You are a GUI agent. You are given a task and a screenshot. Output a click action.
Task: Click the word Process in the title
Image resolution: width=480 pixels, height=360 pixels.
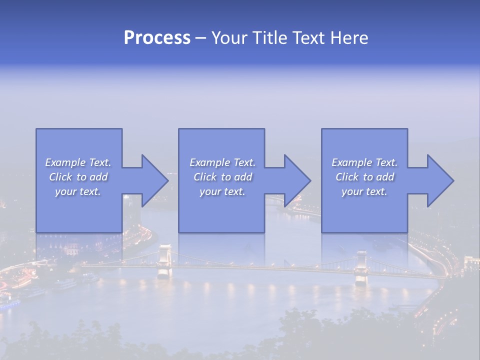[x=157, y=38]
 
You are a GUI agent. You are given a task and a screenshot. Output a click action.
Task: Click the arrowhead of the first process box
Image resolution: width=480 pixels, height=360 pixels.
[x=152, y=180]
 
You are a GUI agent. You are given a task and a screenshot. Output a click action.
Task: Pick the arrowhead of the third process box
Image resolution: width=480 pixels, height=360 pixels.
[x=438, y=180]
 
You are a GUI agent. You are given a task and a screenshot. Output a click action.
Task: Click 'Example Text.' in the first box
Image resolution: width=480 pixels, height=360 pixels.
[x=78, y=162]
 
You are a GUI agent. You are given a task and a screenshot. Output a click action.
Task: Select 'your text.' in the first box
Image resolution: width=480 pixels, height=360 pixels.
[x=78, y=191]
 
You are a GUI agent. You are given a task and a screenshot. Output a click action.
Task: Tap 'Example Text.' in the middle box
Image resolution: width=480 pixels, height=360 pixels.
[x=222, y=162]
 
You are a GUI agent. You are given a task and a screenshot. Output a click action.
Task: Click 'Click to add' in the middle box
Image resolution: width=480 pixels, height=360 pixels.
[x=222, y=177]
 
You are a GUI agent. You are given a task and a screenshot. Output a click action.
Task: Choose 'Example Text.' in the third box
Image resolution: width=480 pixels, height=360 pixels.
[x=364, y=162]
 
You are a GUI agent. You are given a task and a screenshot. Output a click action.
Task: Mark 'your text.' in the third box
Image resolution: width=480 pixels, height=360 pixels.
[x=364, y=191]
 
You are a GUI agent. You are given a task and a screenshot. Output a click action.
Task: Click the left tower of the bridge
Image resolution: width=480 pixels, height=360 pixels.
[x=164, y=260]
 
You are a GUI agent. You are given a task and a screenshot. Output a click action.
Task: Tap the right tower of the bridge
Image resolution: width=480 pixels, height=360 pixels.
[x=361, y=267]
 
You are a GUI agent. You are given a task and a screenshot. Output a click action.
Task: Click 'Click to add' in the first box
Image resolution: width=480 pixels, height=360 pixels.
[x=78, y=177]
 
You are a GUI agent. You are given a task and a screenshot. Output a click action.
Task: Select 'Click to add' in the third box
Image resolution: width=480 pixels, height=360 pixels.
[x=364, y=177]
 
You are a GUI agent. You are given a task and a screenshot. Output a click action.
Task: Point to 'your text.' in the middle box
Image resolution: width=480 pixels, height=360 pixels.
[x=222, y=191]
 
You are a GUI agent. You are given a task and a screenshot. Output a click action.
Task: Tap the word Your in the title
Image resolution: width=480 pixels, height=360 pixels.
[x=229, y=38]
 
